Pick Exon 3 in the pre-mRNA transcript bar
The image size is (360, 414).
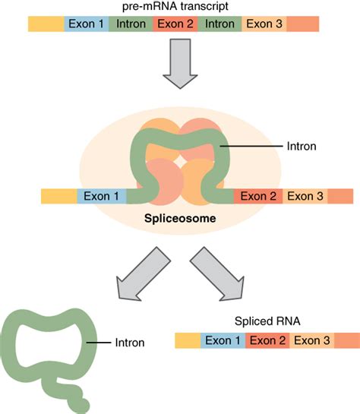[x=264, y=24]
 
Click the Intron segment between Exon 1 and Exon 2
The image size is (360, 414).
[x=131, y=24]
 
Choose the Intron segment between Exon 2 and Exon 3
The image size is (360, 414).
[x=220, y=24]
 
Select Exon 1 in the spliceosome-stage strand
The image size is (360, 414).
[x=102, y=197]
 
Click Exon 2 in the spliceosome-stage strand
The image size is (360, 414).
[x=257, y=197]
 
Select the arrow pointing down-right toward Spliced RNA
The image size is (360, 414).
[x=216, y=273]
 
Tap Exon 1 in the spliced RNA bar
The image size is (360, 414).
[x=223, y=340]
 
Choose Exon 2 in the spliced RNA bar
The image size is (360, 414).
[x=268, y=340]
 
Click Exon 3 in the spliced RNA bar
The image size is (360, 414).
[x=313, y=340]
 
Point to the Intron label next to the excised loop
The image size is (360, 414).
[x=128, y=343]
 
